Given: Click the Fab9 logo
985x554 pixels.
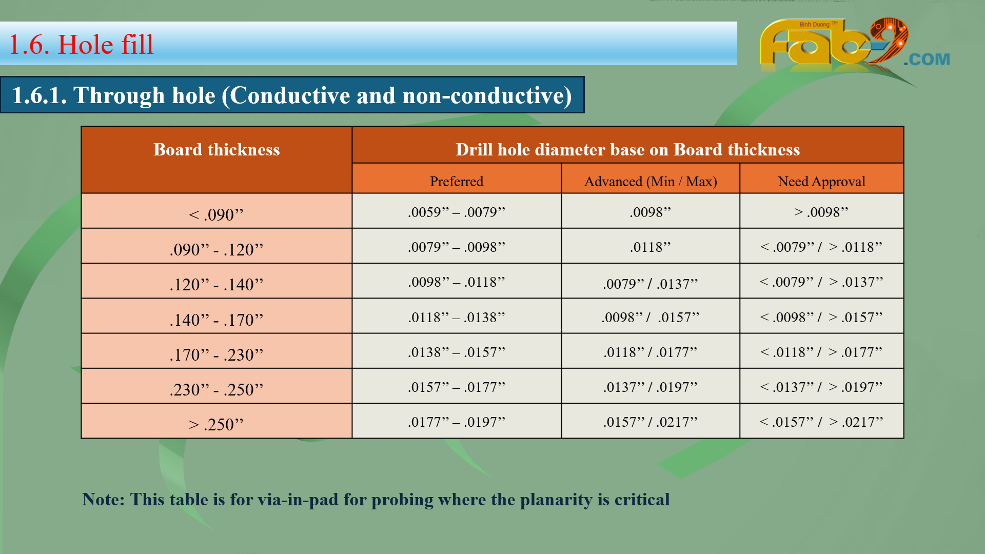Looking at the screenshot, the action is point(854,45).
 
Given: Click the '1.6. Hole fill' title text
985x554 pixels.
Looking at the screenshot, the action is point(82,45).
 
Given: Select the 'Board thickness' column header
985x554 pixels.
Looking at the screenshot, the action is point(216,149).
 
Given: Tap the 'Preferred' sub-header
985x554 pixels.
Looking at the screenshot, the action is point(457,181).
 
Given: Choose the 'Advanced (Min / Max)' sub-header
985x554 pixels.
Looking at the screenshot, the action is point(651,182).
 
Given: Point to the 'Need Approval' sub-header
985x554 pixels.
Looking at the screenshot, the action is point(821,182).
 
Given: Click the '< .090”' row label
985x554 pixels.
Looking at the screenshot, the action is point(216,214).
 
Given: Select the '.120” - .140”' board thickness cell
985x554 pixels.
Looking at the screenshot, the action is point(216,285).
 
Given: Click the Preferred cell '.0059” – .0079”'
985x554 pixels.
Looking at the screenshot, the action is point(457,212).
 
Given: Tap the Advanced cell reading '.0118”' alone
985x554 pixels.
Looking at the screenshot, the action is point(651,247).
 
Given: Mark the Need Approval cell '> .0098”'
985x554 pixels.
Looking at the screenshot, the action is point(821,212).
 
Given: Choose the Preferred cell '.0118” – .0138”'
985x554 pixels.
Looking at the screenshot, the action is point(457,317).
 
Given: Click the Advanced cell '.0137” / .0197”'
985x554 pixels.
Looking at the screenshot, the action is point(651,387).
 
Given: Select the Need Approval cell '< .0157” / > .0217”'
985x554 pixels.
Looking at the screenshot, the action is point(821,422).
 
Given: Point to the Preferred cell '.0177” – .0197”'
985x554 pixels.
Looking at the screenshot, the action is point(457,422).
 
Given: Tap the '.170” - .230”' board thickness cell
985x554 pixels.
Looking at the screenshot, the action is point(216,355).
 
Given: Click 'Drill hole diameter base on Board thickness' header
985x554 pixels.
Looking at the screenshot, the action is point(628,149).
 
